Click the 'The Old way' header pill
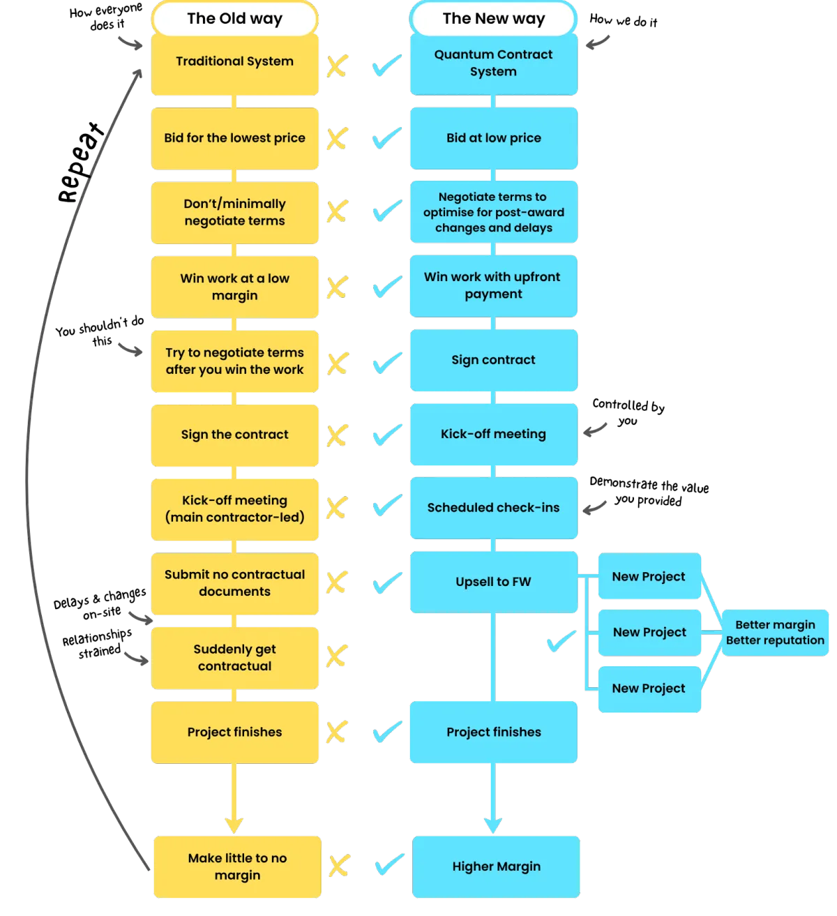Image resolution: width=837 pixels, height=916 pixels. pyautogui.click(x=234, y=18)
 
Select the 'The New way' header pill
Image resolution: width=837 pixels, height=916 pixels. pyautogui.click(x=493, y=18)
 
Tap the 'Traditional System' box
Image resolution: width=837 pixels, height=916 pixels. pyautogui.click(x=234, y=64)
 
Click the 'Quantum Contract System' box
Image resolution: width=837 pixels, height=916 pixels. pyautogui.click(x=494, y=64)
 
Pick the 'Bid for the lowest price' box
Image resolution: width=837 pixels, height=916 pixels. pyautogui.click(x=234, y=138)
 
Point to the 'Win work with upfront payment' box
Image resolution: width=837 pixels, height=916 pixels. pyautogui.click(x=493, y=286)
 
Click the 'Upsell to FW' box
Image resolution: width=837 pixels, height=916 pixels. pyautogui.click(x=494, y=583)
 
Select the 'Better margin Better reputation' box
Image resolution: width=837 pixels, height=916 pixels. pyautogui.click(x=775, y=633)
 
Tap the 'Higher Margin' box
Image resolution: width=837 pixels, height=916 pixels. pyautogui.click(x=496, y=866)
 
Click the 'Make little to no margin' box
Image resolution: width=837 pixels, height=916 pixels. pyautogui.click(x=237, y=866)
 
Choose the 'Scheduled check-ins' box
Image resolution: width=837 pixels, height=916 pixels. pyautogui.click(x=494, y=508)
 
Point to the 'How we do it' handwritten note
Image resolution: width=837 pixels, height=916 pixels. pyautogui.click(x=624, y=20)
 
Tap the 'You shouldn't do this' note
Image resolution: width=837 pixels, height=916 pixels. pyautogui.click(x=100, y=331)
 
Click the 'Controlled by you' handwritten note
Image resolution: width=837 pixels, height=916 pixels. pyautogui.click(x=628, y=412)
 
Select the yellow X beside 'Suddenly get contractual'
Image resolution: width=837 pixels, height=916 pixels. pyautogui.click(x=337, y=656)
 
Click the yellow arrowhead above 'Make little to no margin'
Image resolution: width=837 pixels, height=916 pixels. pyautogui.click(x=234, y=825)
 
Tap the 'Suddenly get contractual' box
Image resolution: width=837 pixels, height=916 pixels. pyautogui.click(x=234, y=658)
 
